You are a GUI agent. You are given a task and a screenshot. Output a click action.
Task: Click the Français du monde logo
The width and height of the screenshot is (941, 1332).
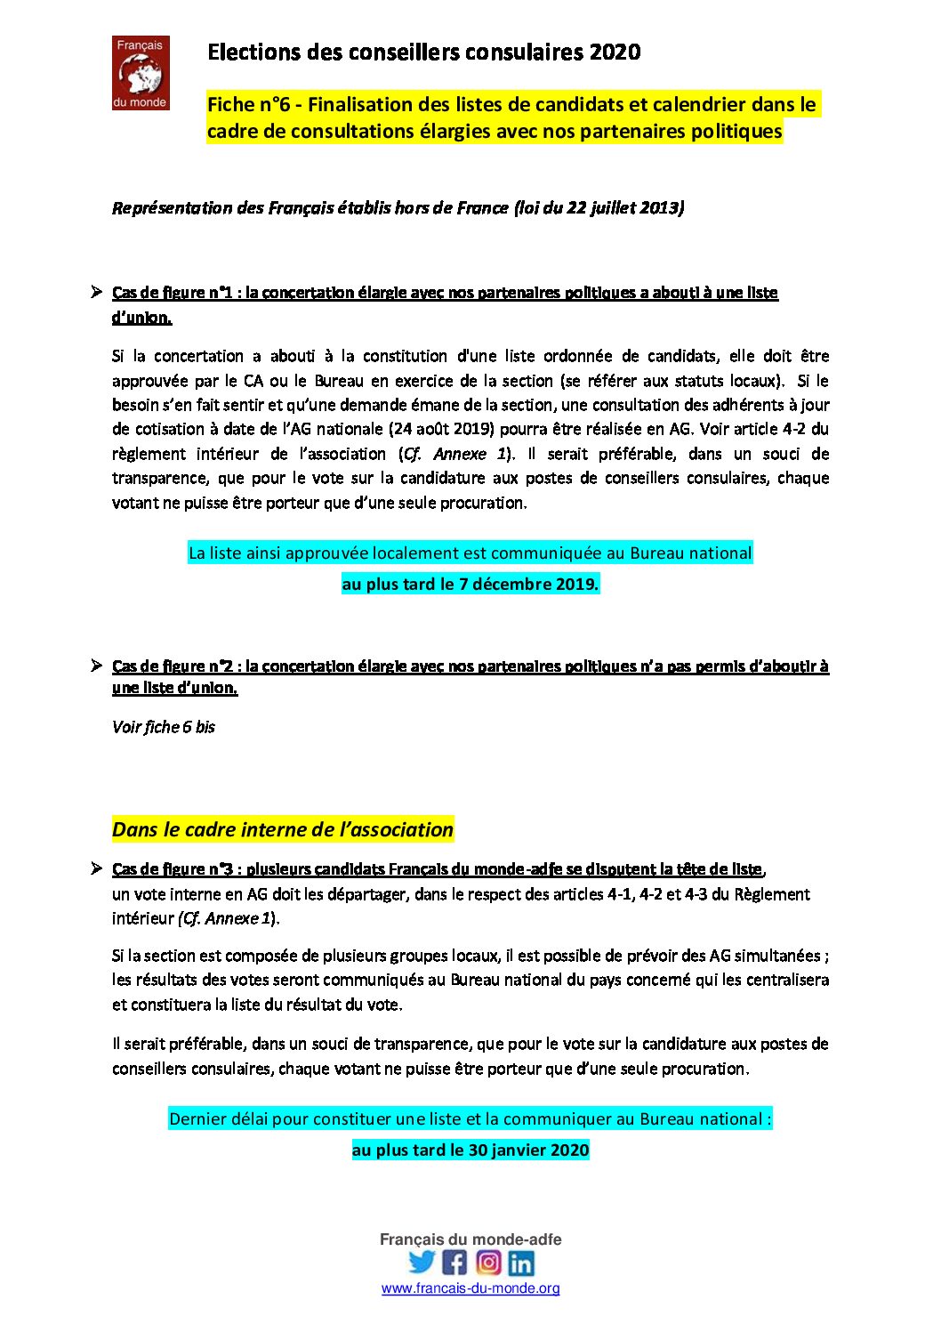[141, 73]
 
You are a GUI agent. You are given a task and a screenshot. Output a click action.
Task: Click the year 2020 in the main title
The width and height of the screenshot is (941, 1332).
[615, 52]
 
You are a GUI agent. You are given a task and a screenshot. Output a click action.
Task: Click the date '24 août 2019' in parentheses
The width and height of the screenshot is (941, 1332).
[440, 429]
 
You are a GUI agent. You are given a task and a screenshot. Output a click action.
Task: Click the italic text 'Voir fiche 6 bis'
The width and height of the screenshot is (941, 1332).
[164, 727]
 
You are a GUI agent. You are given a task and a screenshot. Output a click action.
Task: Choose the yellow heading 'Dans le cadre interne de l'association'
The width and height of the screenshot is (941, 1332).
[283, 830]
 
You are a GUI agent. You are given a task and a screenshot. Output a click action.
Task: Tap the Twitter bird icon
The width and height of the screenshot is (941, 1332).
[422, 1263]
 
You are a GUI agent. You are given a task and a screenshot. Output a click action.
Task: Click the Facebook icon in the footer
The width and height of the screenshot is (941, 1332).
[454, 1263]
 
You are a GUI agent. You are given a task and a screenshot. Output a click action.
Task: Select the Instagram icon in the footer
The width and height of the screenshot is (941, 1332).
[488, 1263]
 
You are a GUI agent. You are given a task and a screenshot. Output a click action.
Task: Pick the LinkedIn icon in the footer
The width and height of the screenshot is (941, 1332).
[521, 1263]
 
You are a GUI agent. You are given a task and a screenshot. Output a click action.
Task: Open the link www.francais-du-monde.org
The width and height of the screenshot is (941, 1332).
[471, 1288]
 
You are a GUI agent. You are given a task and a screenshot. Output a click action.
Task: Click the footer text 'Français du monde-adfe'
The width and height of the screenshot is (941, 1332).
[471, 1239]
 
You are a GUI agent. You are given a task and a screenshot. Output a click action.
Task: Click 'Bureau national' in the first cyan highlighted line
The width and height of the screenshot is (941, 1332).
[691, 553]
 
